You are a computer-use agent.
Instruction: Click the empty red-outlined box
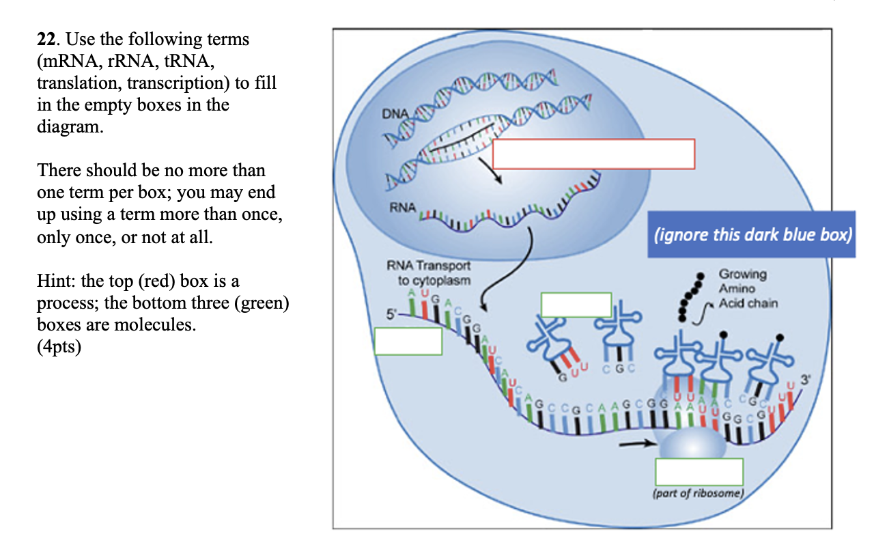[593, 154]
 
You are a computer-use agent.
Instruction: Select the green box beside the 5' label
[408, 340]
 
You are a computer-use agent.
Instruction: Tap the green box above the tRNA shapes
[576, 304]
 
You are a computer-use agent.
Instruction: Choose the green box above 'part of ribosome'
[699, 472]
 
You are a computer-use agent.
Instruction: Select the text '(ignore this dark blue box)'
[752, 235]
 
